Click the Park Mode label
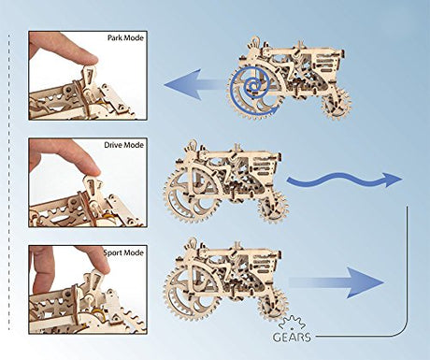tap(125, 38)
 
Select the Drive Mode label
tap(124, 145)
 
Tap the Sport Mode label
tap(124, 252)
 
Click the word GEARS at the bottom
tap(292, 337)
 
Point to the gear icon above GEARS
tap(292, 323)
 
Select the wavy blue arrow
tap(344, 180)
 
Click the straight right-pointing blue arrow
tap(337, 282)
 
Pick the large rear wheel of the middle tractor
tap(189, 197)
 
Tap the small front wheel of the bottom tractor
tap(273, 303)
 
